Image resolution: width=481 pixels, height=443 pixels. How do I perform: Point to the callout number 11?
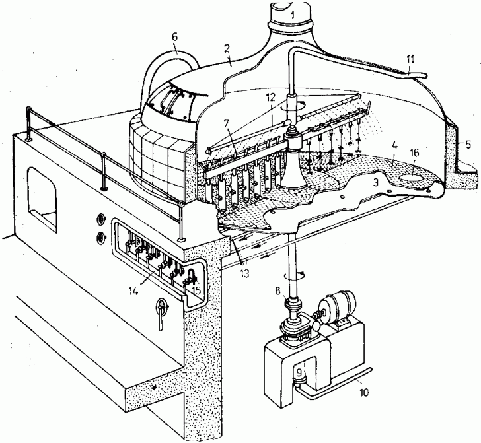(x=410, y=66)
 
